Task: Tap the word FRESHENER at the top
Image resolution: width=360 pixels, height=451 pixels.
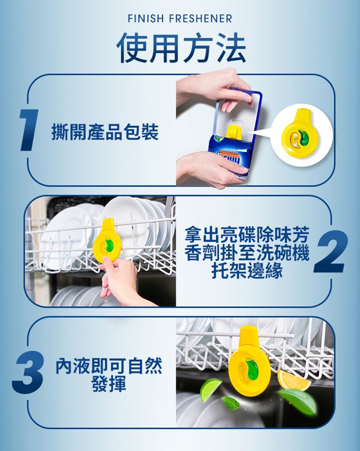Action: coord(201,19)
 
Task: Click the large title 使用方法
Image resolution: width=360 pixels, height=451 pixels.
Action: coord(181,48)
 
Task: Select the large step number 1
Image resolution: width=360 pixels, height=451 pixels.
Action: coord(29,130)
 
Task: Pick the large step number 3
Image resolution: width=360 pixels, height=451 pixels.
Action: coord(28,373)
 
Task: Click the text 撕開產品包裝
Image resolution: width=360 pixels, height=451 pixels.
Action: coord(105,132)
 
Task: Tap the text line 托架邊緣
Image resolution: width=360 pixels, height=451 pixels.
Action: coord(247,270)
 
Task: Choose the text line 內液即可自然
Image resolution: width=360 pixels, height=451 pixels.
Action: coord(109,366)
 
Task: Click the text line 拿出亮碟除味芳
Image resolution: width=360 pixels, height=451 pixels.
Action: coord(247,234)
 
